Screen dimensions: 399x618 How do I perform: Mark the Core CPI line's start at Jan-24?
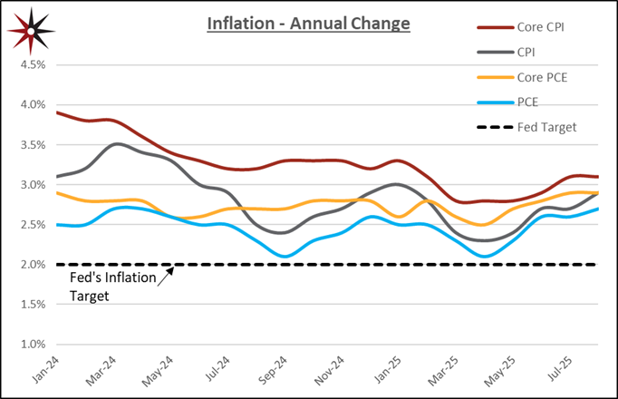point(58,112)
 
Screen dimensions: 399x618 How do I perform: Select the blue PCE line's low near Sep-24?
point(285,257)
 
